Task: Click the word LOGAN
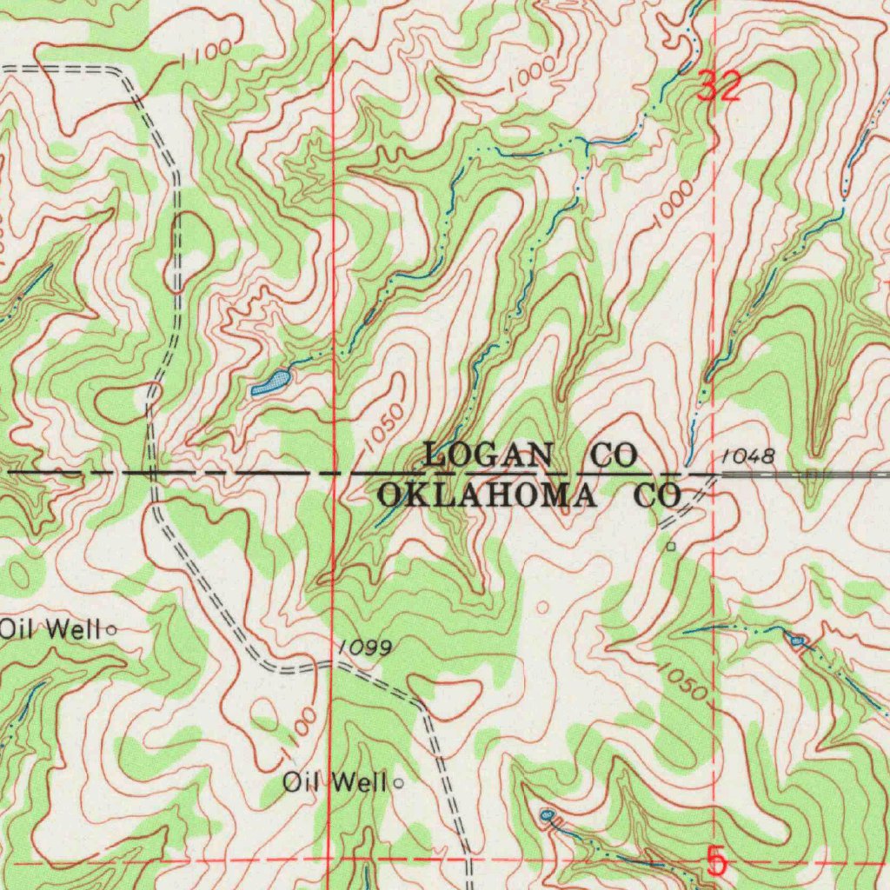[488, 454]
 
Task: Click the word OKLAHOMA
[488, 496]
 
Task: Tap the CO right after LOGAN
[614, 454]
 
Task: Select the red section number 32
[721, 87]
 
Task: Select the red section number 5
[715, 862]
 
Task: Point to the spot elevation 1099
[366, 648]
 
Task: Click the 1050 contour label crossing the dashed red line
[683, 681]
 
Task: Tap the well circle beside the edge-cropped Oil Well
[112, 629]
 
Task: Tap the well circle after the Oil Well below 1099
[399, 783]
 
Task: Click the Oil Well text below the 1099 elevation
[334, 783]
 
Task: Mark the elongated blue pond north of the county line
[271, 382]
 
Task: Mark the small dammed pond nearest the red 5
[547, 815]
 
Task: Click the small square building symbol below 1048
[670, 547]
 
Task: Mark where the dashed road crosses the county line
[152, 473]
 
